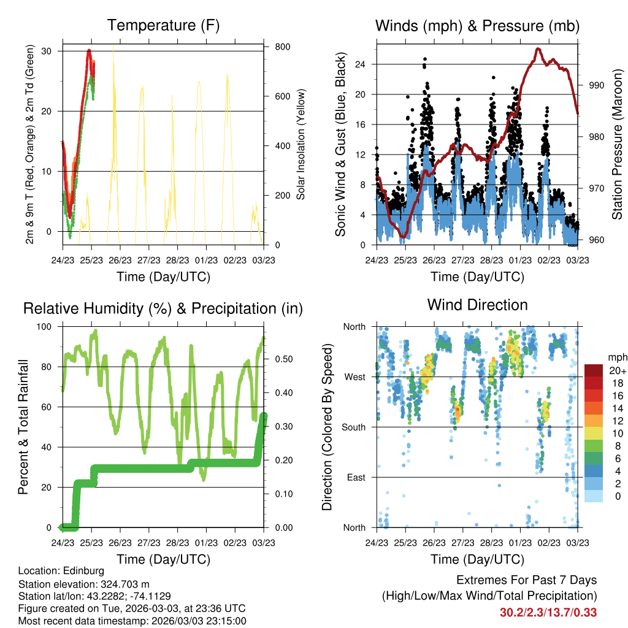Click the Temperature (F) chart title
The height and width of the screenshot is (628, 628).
coord(163,26)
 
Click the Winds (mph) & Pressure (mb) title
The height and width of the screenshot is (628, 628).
coord(477,26)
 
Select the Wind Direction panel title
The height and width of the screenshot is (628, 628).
coord(477,305)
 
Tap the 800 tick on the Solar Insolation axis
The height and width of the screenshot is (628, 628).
coord(282,47)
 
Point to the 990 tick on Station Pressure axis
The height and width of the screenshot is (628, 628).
coord(597,86)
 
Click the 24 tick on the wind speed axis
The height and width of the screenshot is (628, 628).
coord(361,64)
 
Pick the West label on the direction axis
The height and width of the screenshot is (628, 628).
coord(355,377)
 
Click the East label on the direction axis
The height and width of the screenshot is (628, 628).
coord(356,477)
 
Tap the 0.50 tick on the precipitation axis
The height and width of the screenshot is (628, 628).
coord(284,359)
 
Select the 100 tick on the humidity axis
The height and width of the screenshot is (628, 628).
coord(44,327)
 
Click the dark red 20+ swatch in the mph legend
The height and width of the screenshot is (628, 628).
coord(594,371)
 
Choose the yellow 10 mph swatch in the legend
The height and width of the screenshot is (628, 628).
coord(594,434)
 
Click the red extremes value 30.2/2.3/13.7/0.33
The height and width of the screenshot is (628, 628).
coord(548,613)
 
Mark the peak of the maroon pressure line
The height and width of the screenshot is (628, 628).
coord(538,49)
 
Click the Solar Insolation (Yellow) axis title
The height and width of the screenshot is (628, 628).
coord(301,144)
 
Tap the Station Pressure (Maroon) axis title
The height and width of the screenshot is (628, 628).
coord(617,144)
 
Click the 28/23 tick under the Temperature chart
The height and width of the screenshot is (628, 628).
coord(177,260)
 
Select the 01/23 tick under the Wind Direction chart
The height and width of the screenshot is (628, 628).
coord(520,543)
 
